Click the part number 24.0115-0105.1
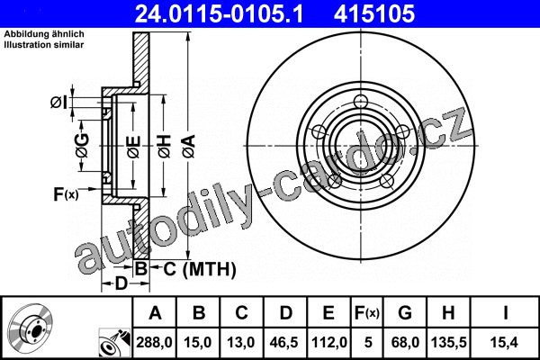219,13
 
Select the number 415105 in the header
374,13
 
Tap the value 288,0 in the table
154,342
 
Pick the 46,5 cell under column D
284,342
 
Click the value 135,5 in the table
448,342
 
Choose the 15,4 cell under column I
505,342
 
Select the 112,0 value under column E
328,342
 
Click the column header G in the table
405,313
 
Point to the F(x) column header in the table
367,313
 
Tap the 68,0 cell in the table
405,342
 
